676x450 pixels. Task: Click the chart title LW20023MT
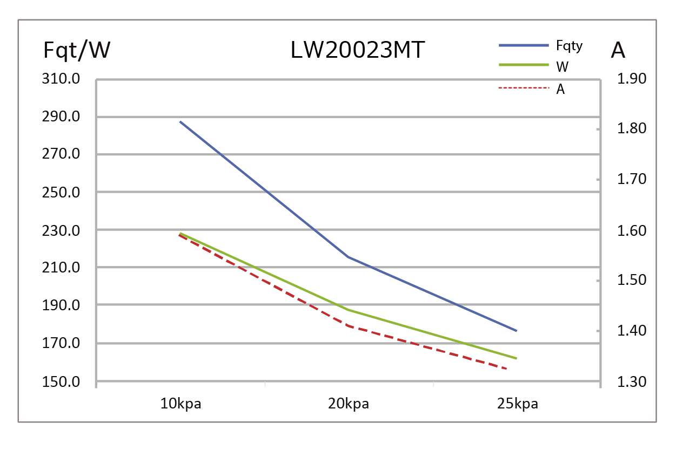click(357, 51)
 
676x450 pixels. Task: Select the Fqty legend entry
click(570, 46)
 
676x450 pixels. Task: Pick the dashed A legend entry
click(560, 90)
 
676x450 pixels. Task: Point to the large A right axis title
click(618, 51)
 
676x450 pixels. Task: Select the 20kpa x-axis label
click(349, 404)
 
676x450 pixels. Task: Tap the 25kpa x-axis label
click(518, 404)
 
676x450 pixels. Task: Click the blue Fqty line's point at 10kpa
click(180, 122)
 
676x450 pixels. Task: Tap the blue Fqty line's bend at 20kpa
click(349, 257)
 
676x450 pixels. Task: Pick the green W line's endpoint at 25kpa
click(517, 358)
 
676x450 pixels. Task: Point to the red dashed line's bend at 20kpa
click(349, 326)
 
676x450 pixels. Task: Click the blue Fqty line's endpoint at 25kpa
click(517, 331)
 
